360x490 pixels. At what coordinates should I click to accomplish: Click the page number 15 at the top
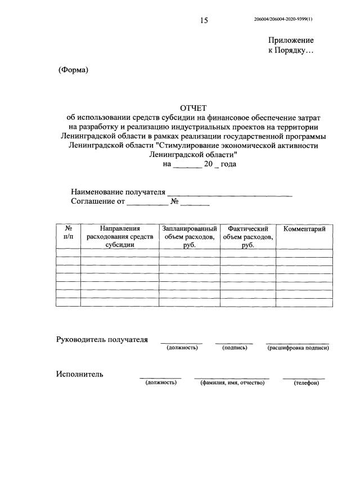click(204, 21)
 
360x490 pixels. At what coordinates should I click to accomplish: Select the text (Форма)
click(74, 70)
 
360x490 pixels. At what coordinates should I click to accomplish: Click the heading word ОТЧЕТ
click(193, 107)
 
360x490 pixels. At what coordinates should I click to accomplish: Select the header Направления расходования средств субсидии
click(120, 237)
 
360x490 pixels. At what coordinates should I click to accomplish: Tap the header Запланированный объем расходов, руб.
click(190, 237)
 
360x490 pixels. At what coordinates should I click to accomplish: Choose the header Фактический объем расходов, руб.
click(247, 237)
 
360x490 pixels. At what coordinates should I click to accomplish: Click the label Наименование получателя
click(118, 192)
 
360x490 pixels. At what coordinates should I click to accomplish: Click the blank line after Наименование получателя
click(230, 193)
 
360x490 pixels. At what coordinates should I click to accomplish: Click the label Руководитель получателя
click(102, 339)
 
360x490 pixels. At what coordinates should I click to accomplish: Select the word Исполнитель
click(79, 374)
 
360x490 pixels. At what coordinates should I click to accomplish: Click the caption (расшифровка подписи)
click(298, 348)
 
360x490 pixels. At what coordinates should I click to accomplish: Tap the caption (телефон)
click(306, 383)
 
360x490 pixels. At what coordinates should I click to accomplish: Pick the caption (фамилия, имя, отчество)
click(232, 383)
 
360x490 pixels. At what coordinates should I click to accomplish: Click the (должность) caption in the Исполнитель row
click(161, 383)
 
